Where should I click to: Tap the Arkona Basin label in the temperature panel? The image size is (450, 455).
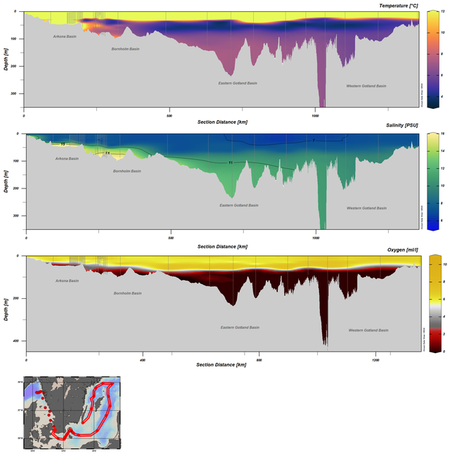[x=65, y=36]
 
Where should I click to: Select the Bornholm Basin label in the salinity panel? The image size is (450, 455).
[x=127, y=171]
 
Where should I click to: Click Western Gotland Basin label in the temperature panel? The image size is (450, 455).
[x=366, y=86]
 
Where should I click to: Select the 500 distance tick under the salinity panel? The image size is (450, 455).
[x=171, y=238]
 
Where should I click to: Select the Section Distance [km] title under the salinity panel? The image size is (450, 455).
[x=222, y=247]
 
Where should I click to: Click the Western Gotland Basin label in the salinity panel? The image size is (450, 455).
[x=366, y=208]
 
